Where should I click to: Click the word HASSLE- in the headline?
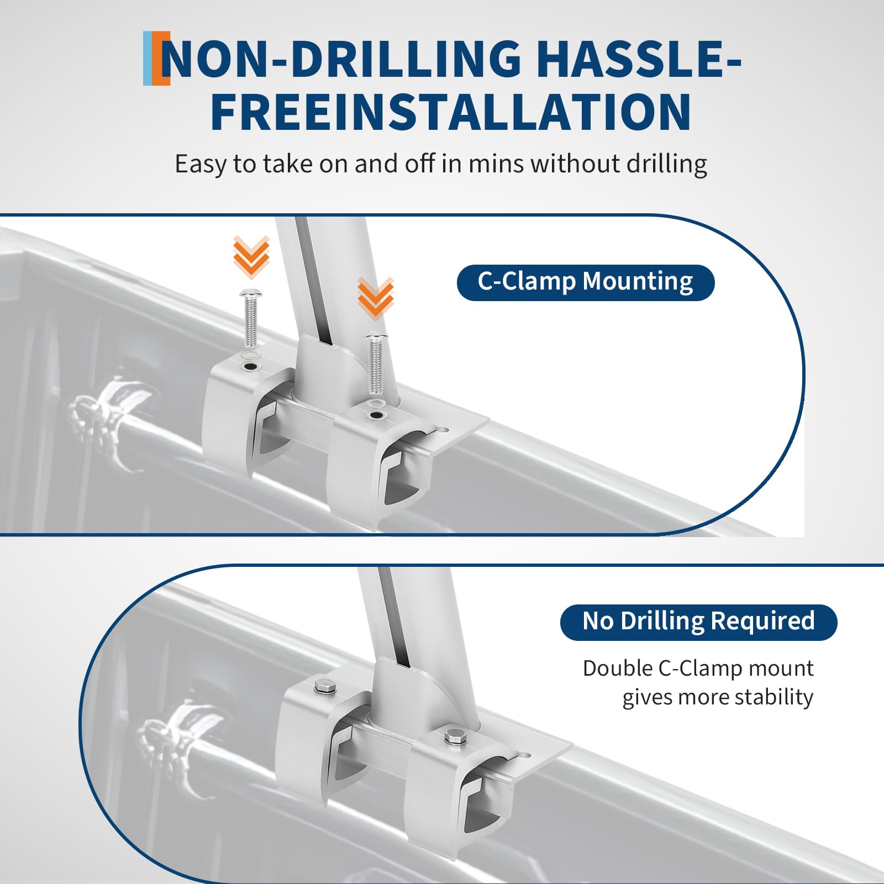click(x=638, y=58)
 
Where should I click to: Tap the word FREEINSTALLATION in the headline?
click(x=451, y=112)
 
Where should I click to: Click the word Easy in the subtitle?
click(x=200, y=164)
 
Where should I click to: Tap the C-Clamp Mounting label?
click(x=586, y=282)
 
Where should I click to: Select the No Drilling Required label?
click(x=698, y=622)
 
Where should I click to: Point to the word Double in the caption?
click(x=618, y=669)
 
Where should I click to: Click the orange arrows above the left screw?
click(x=251, y=257)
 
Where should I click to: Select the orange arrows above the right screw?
click(x=376, y=299)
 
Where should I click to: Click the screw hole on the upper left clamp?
click(x=251, y=367)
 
